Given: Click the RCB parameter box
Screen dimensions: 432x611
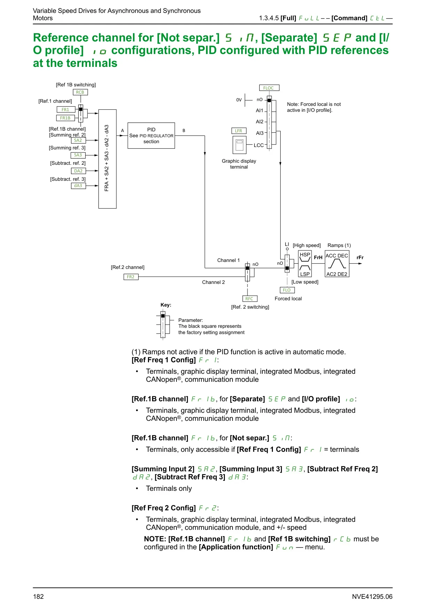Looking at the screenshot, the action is click(x=80, y=92).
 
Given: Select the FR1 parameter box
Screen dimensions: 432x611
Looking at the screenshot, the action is click(x=65, y=109).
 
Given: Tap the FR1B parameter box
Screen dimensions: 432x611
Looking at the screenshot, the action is click(x=65, y=118).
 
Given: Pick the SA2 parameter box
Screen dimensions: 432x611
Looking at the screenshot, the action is click(x=78, y=140).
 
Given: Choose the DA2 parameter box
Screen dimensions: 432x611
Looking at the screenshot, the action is click(x=78, y=171).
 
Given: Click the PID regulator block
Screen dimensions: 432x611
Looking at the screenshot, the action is click(x=151, y=136).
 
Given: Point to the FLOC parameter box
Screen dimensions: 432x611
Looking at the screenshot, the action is click(x=268, y=88).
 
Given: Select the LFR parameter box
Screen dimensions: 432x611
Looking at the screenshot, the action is click(x=238, y=131).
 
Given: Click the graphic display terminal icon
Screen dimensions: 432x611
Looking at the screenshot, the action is click(x=239, y=145).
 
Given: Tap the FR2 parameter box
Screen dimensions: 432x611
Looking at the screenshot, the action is click(x=131, y=277).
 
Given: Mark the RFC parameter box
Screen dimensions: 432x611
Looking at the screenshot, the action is click(x=249, y=299).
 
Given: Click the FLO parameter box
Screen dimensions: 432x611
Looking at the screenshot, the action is click(x=287, y=290).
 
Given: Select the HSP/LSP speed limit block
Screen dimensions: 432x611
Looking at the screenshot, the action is click(x=305, y=264).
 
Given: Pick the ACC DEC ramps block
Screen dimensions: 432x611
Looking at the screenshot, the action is click(x=337, y=264).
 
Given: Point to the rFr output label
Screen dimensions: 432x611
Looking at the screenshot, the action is click(x=360, y=258).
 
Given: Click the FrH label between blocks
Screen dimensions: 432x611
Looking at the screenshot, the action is click(x=318, y=258).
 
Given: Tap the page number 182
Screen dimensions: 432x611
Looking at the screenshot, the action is click(x=38, y=597).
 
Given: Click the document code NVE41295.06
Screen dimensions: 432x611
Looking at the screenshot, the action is click(x=372, y=597).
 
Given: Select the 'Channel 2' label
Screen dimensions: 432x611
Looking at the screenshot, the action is click(x=213, y=282).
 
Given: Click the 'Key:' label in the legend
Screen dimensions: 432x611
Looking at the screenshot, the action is click(x=166, y=305).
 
